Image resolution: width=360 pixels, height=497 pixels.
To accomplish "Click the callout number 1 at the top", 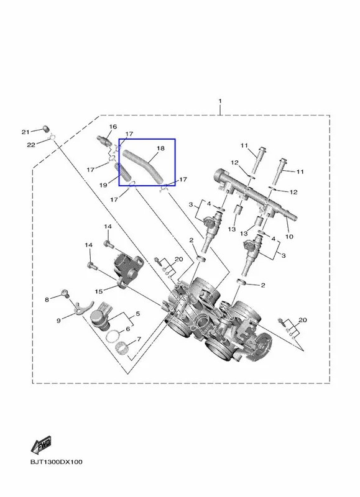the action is pyautogui.click(x=220, y=101).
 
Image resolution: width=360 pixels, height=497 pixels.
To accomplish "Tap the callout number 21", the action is pyautogui.click(x=25, y=132).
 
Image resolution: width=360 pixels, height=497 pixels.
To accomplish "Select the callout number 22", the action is pyautogui.click(x=30, y=145).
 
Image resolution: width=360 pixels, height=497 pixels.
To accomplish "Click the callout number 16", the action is pyautogui.click(x=113, y=127).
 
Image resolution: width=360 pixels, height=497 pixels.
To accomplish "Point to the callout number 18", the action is pyautogui.click(x=161, y=148).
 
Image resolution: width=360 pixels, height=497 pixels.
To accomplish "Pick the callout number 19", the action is pyautogui.click(x=103, y=185).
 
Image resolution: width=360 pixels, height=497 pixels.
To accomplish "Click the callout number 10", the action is pyautogui.click(x=289, y=237).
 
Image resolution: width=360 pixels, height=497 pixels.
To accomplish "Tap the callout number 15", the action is pyautogui.click(x=99, y=291).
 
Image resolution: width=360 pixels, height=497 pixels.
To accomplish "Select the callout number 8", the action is pyautogui.click(x=47, y=299).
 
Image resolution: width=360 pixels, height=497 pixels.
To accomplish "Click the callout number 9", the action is pyautogui.click(x=58, y=321).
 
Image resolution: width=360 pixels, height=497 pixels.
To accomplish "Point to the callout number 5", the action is pyautogui.click(x=137, y=314).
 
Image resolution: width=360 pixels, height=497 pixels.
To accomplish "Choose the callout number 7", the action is pyautogui.click(x=139, y=339).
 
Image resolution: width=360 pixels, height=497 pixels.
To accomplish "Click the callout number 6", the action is pyautogui.click(x=128, y=329).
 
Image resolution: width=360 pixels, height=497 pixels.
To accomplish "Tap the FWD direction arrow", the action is pyautogui.click(x=41, y=445).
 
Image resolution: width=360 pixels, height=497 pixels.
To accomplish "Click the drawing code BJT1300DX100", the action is pyautogui.click(x=57, y=462).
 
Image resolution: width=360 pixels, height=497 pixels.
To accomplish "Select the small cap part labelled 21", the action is pyautogui.click(x=47, y=129).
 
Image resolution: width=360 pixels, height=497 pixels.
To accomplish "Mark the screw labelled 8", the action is pyautogui.click(x=66, y=293).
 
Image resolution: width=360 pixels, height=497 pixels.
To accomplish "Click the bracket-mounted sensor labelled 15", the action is pyautogui.click(x=127, y=271).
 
